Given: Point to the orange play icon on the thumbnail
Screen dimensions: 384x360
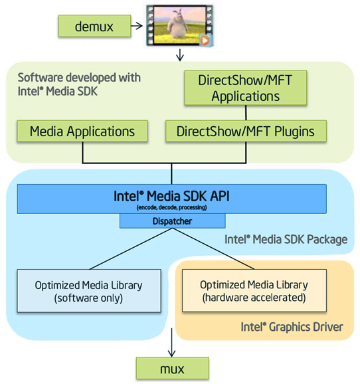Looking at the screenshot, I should [205, 41].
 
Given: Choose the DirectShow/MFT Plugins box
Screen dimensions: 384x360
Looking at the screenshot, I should [246, 131].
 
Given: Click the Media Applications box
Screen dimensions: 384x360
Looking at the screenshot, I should [82, 131].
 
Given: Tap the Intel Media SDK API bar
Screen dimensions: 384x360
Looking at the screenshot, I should [172, 199].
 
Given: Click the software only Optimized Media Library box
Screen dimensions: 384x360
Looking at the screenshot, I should [89, 291].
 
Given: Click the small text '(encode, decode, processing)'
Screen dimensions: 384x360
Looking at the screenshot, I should [172, 207].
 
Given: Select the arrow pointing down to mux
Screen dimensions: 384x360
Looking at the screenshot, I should [172, 346].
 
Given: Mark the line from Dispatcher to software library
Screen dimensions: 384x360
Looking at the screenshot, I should [126, 247].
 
